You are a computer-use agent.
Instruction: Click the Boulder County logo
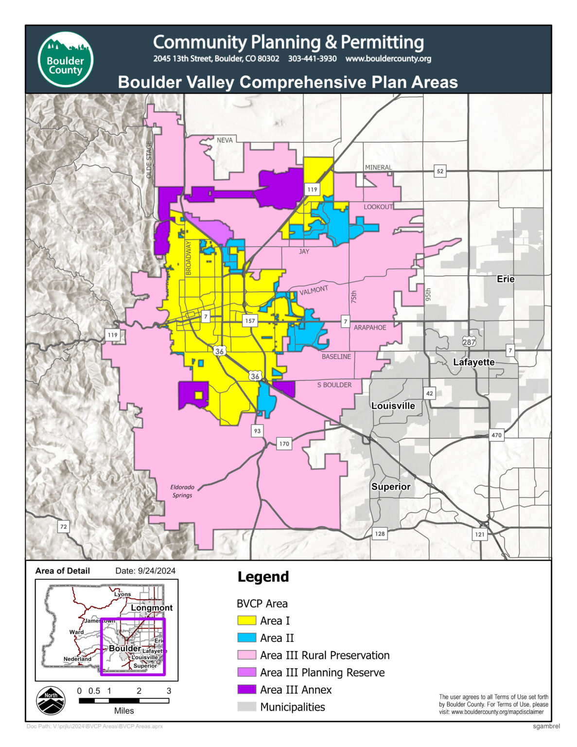click(x=66, y=59)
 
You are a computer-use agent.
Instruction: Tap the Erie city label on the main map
click(x=505, y=279)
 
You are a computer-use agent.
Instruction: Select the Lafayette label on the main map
click(x=473, y=362)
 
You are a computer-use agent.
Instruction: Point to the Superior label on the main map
click(x=391, y=487)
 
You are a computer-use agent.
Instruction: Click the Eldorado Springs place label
click(x=182, y=491)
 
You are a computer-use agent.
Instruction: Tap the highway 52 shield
click(x=440, y=171)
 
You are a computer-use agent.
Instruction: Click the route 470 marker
click(x=496, y=435)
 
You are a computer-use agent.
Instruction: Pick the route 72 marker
click(x=63, y=527)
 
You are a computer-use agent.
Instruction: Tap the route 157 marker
click(x=250, y=321)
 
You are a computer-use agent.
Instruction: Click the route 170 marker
click(x=284, y=444)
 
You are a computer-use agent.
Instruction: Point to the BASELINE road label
click(x=336, y=357)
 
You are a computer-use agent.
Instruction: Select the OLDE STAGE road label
click(x=149, y=160)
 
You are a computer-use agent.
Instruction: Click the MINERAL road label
click(x=378, y=167)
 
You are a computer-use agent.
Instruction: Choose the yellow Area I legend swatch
click(x=246, y=621)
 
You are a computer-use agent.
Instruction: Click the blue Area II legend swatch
click(x=246, y=638)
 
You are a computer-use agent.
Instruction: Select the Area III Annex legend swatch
click(x=246, y=690)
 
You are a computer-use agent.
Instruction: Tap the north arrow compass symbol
click(x=51, y=701)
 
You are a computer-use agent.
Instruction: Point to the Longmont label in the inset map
click(x=152, y=608)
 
